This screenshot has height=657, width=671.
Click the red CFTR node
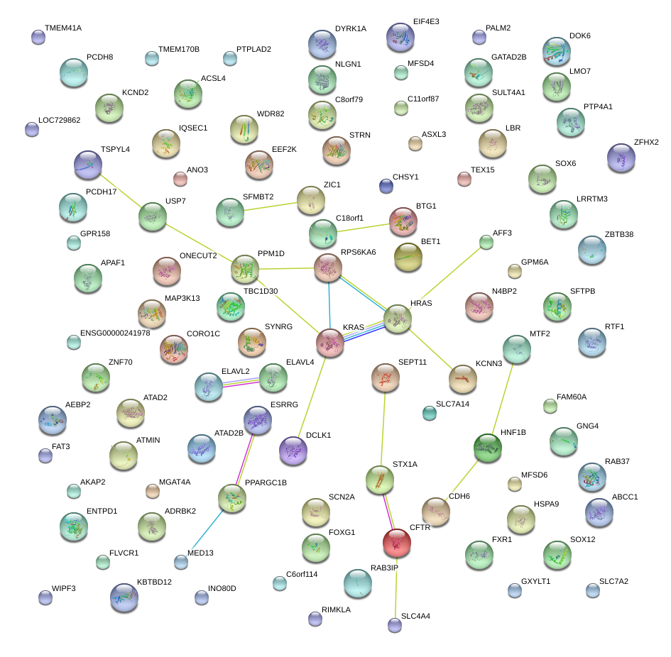click(x=396, y=543)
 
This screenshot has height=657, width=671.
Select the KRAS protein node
click(x=330, y=342)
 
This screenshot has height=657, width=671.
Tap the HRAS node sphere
click(x=398, y=319)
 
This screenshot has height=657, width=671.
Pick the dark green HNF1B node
click(x=488, y=448)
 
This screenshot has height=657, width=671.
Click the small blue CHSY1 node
click(x=386, y=186)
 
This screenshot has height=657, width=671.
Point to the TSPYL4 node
click(x=88, y=165)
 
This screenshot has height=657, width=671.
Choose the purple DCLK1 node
click(x=293, y=451)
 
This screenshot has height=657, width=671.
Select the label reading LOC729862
click(x=60, y=120)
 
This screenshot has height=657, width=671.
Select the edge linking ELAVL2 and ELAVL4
click(x=241, y=382)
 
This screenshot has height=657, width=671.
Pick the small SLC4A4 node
click(x=394, y=625)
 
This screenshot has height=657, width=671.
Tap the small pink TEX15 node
click(x=464, y=179)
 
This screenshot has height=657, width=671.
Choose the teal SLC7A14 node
click(x=429, y=412)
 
